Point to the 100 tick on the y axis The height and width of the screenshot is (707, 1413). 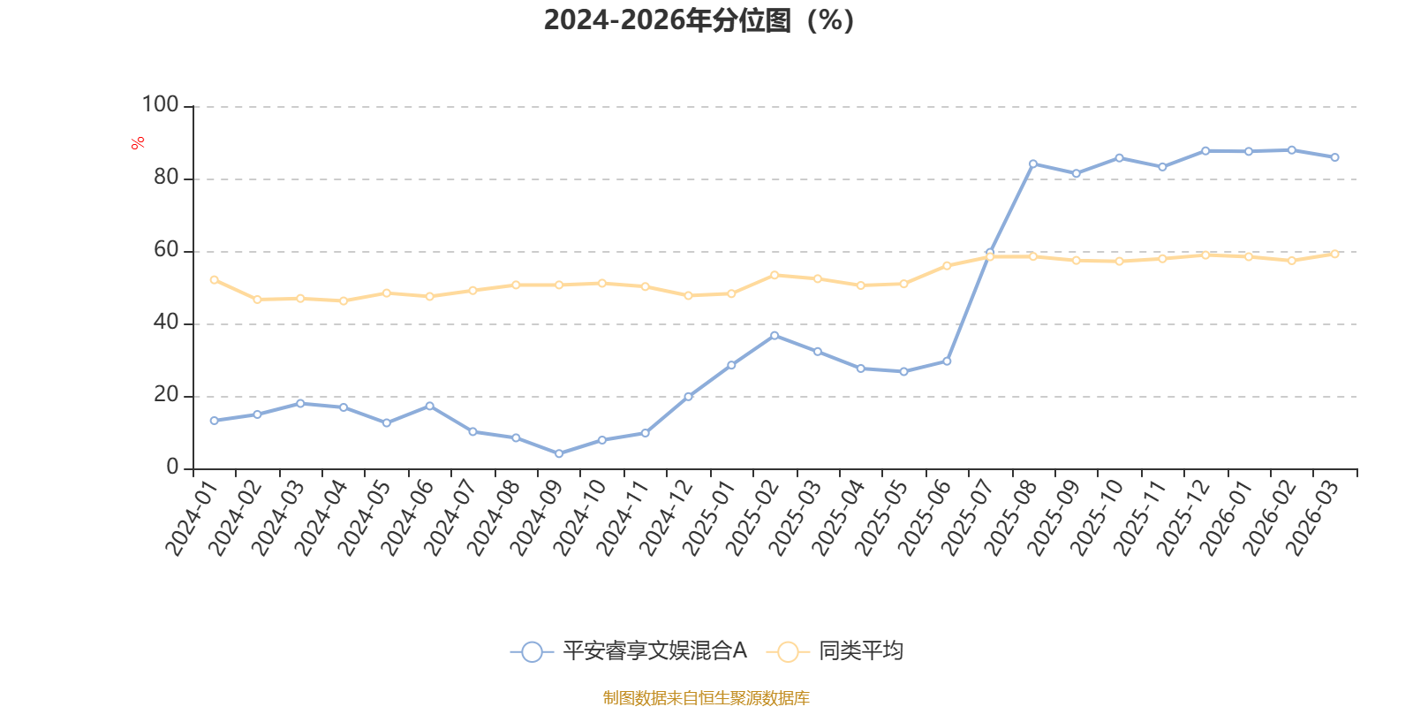click(160, 105)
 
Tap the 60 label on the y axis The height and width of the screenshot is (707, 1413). click(167, 250)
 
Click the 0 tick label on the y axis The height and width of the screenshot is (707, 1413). click(173, 468)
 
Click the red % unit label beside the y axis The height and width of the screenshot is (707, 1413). click(138, 143)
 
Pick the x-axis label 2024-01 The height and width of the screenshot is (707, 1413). click(192, 518)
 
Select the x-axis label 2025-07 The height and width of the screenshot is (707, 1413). click(968, 518)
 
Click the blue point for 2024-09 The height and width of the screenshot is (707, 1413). click(559, 453)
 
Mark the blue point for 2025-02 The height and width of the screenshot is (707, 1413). click(775, 336)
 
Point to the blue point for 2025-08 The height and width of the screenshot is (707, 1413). click(1033, 164)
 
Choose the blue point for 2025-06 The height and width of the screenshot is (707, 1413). click(947, 361)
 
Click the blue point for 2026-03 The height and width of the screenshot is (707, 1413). click(1334, 157)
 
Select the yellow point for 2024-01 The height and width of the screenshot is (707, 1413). click(215, 279)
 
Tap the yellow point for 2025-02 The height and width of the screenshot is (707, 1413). click(775, 275)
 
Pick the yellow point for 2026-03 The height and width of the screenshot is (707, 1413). click(1334, 254)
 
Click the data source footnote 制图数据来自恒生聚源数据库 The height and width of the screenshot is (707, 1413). click(706, 697)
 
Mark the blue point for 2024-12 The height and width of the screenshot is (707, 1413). click(688, 397)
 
